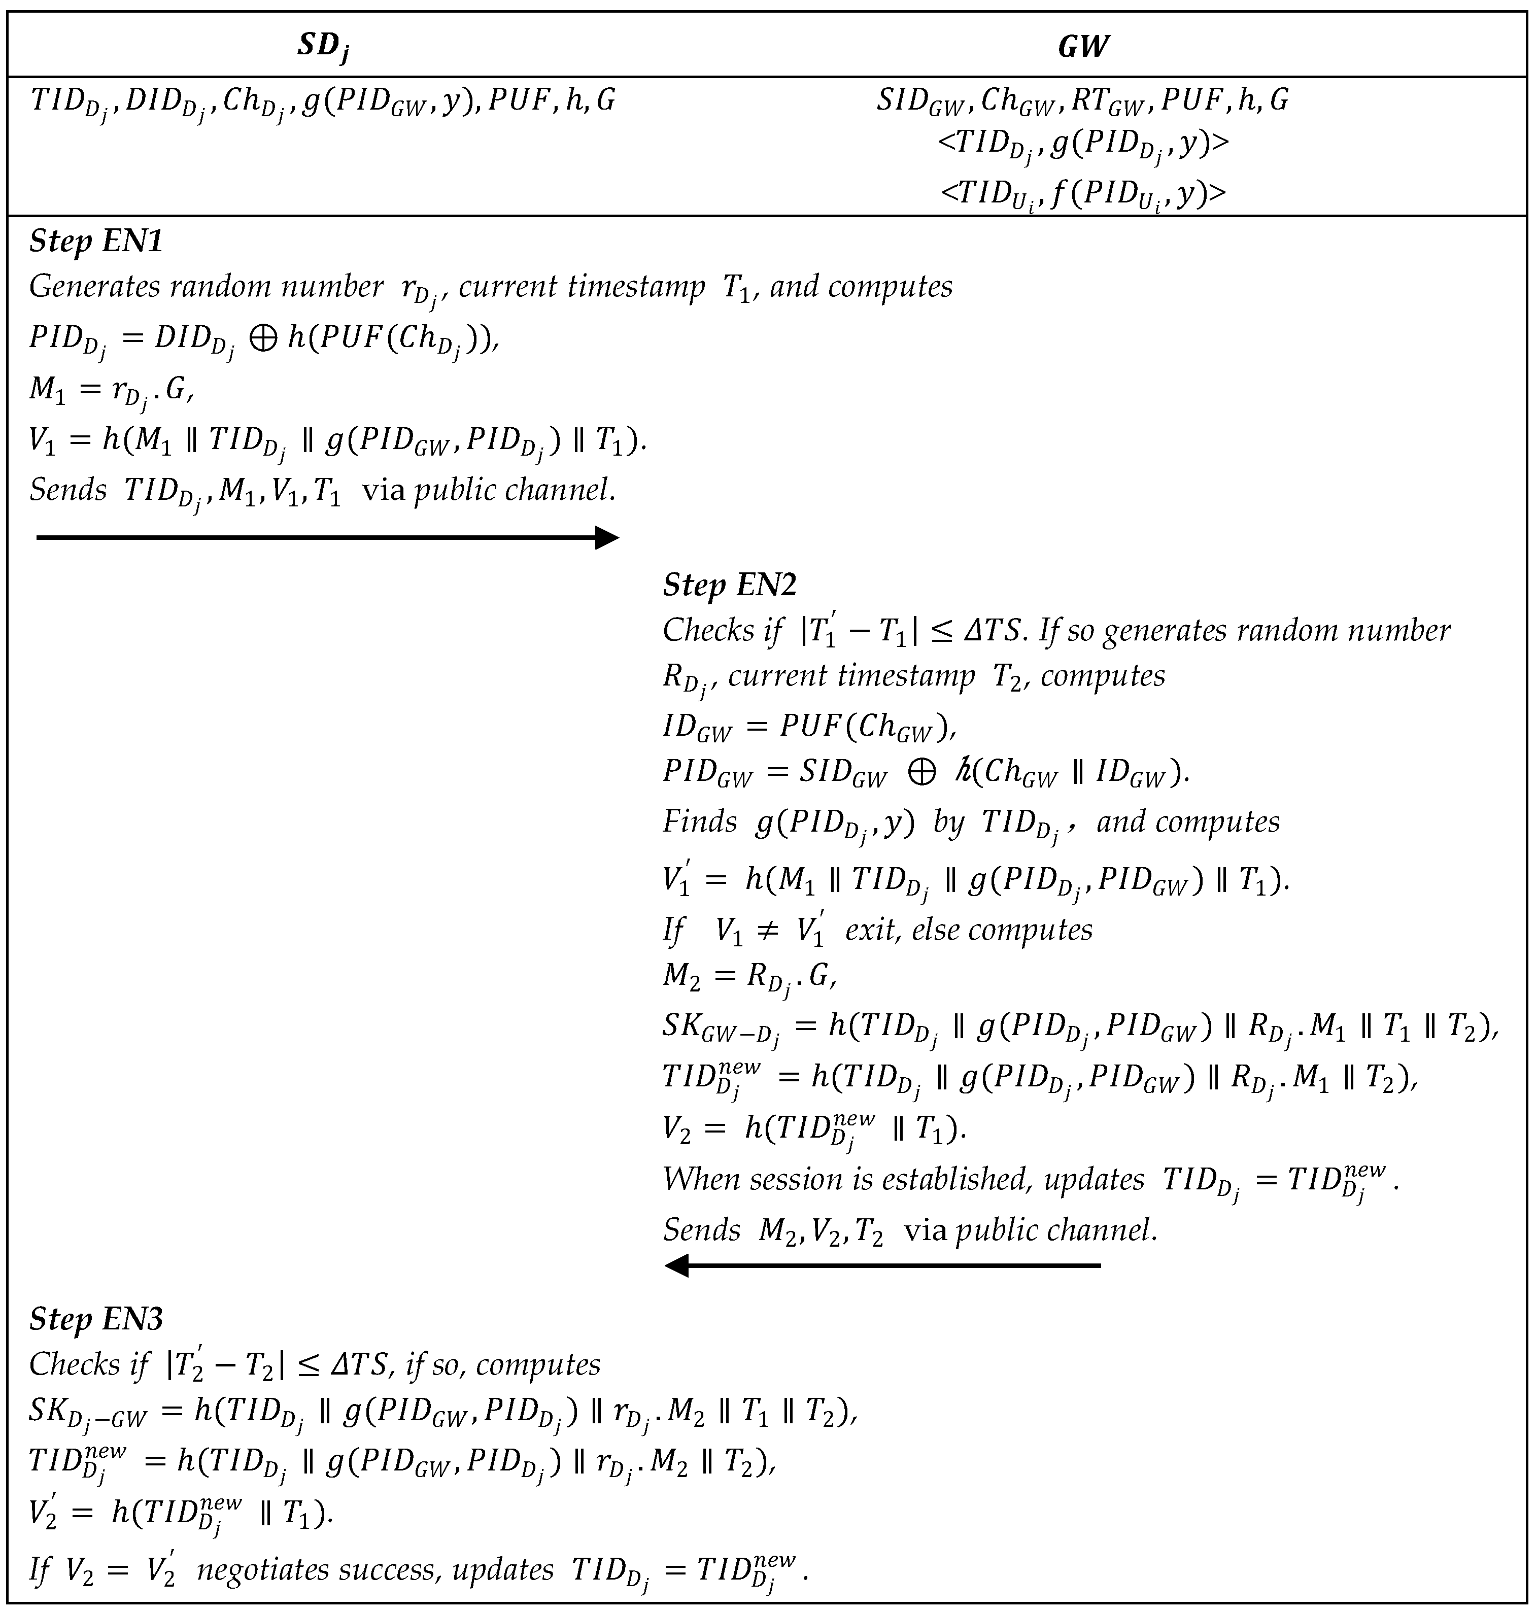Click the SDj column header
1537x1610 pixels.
324,47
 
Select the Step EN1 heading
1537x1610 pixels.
96,242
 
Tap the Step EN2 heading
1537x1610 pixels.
729,585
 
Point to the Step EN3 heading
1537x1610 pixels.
96,1319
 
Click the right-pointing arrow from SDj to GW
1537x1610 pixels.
328,537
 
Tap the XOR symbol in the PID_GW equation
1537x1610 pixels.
921,773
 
